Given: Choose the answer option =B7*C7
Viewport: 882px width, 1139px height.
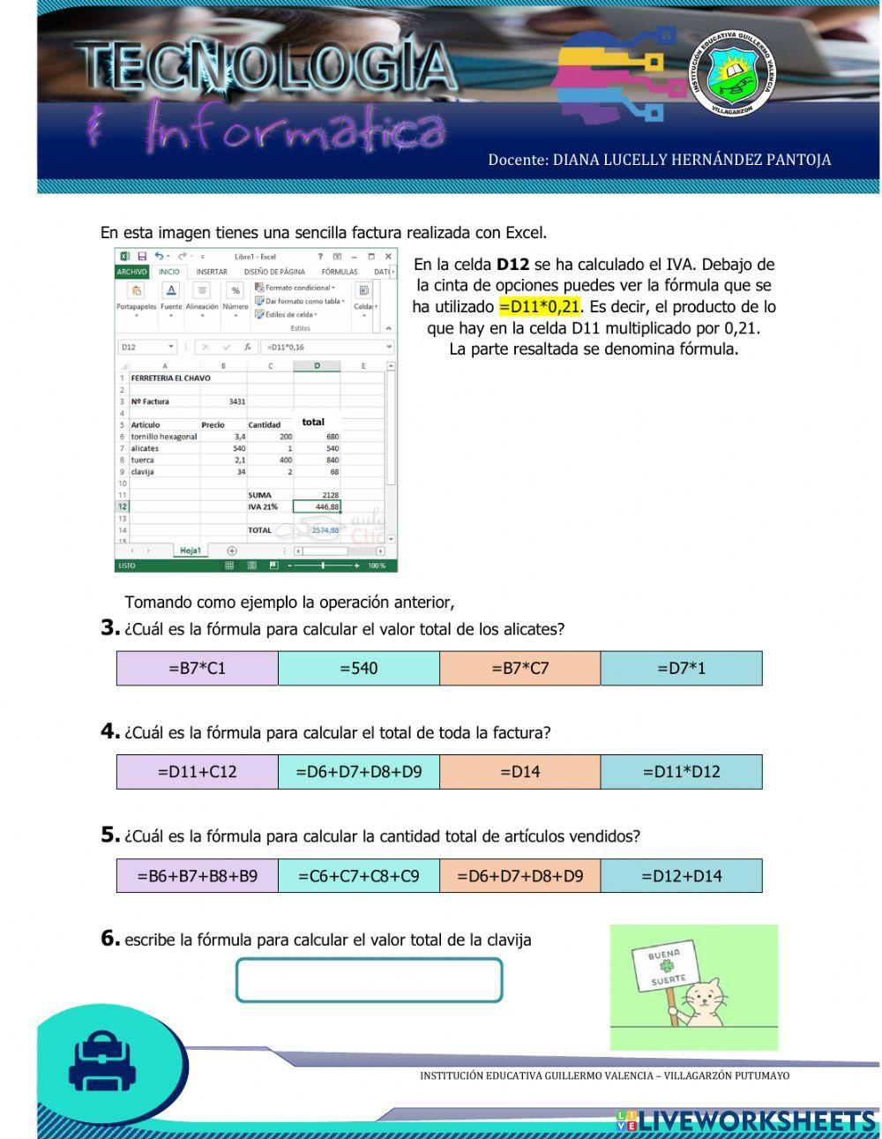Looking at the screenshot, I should (x=519, y=668).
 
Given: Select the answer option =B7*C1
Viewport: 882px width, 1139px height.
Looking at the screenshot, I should (x=197, y=668).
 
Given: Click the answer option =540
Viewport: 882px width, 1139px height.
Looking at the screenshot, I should (x=358, y=668).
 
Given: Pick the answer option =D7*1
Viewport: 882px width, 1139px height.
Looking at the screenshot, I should (x=681, y=668).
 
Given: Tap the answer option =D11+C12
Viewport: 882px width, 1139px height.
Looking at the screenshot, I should (x=197, y=771).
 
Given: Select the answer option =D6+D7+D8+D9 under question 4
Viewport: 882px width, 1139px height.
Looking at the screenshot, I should (x=358, y=771).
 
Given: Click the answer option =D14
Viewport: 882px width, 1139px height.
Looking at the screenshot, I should (x=519, y=771).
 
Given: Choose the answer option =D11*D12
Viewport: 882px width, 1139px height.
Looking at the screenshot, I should (x=681, y=771).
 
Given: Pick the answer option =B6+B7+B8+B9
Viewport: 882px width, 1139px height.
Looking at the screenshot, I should (x=197, y=875).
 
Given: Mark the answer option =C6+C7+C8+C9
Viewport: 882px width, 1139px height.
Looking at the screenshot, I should (x=358, y=875).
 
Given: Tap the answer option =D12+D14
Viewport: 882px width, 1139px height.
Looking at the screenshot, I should (x=681, y=875).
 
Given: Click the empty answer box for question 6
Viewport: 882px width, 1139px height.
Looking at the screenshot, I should (x=369, y=979).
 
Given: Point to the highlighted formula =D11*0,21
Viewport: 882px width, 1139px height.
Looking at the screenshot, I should (x=539, y=307).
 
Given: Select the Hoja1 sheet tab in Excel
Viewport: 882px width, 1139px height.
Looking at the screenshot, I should (x=191, y=551).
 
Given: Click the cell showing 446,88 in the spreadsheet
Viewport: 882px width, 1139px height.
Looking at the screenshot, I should (x=317, y=507).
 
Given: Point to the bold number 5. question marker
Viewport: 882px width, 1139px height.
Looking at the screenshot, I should (x=109, y=835).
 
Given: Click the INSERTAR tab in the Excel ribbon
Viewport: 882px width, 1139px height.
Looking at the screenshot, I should (x=212, y=272).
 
